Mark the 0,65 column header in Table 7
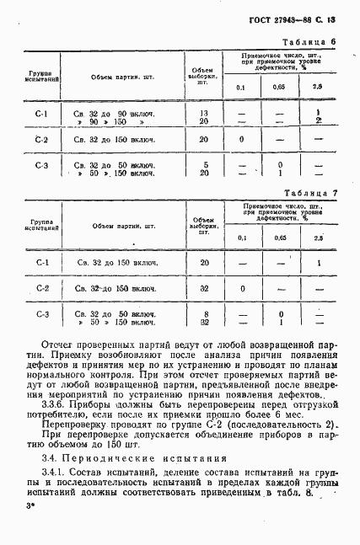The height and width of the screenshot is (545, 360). click(279, 238)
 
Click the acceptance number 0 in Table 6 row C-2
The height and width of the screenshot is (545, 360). click(242, 140)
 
